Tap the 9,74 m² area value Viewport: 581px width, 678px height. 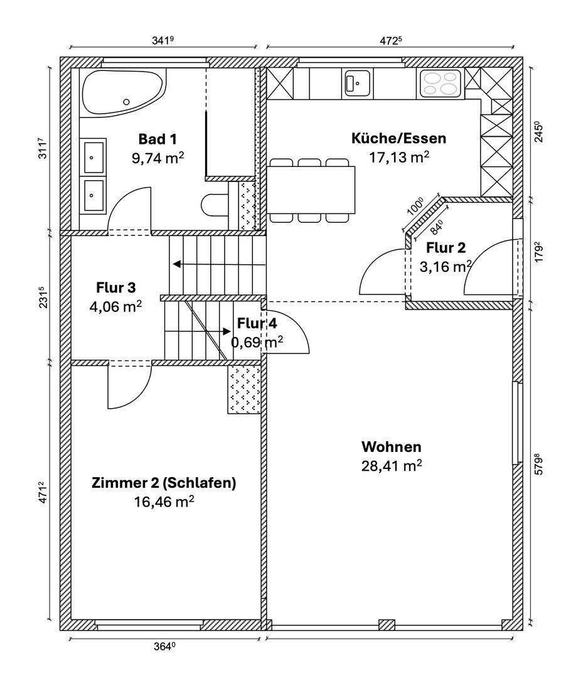coord(157,157)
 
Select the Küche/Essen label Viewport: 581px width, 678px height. coord(398,139)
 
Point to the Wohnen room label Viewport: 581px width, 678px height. coord(391,447)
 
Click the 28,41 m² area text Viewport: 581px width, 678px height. coord(391,466)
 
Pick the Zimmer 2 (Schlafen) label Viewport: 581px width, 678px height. coord(164,483)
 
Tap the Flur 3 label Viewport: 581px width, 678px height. coord(115,288)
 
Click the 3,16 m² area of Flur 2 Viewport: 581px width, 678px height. coord(445,266)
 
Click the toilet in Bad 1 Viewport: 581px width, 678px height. coord(214,204)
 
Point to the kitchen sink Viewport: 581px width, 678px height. coord(356,83)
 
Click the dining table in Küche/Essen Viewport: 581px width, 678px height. coord(311,190)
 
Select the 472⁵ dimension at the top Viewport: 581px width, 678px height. coord(390,40)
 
